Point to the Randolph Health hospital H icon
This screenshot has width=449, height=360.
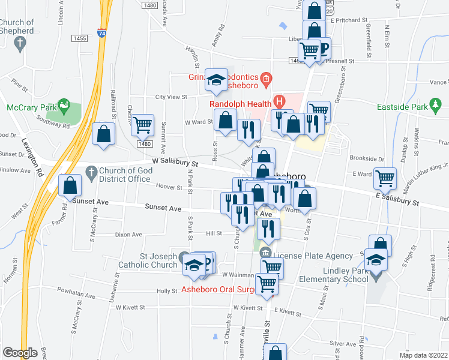[278, 101]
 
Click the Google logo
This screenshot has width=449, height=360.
[20, 353]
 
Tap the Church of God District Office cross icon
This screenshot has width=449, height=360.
[91, 172]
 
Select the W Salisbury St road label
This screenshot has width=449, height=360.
[175, 163]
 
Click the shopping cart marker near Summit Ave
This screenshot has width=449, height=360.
[143, 125]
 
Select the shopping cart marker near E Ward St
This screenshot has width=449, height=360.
[384, 178]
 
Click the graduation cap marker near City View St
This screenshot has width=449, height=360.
[216, 80]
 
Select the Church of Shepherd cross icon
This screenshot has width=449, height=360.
[20, 43]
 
